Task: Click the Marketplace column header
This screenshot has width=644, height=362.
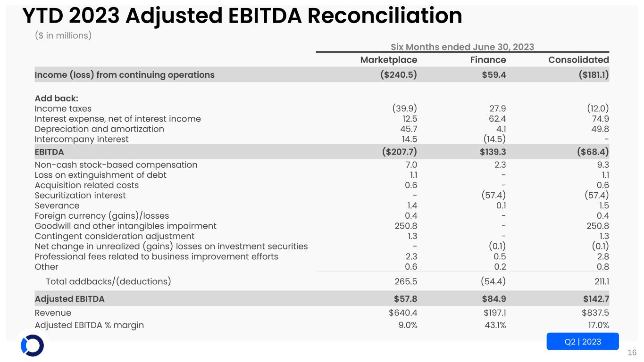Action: [x=388, y=60]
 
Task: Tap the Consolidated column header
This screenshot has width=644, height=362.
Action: [x=578, y=60]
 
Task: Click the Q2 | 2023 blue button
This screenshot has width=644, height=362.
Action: [x=583, y=342]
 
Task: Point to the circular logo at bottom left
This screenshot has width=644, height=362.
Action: [x=32, y=346]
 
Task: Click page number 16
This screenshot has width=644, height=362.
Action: [x=632, y=353]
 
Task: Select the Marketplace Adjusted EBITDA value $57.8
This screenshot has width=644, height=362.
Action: [x=405, y=299]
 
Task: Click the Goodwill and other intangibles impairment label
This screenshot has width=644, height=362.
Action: [x=125, y=226]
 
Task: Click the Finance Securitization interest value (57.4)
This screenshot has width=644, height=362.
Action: [x=492, y=195]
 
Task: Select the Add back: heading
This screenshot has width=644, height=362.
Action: [x=57, y=99]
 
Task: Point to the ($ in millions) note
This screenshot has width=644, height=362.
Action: [x=63, y=36]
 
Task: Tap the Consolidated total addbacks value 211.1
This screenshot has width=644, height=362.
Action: [x=597, y=282]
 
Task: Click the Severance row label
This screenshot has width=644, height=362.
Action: [x=57, y=206]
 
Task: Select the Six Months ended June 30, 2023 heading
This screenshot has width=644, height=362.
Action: [x=462, y=47]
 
